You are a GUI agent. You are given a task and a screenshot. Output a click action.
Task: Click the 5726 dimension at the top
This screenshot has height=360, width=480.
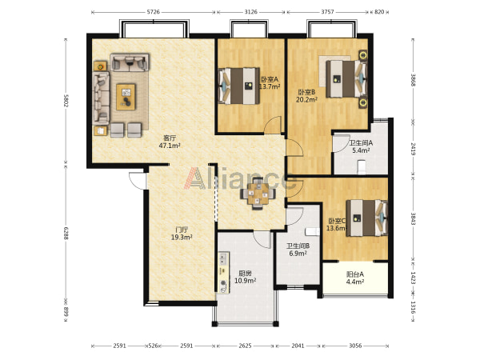[154, 12]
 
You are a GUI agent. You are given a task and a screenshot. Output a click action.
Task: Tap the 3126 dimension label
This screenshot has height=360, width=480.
[250, 12]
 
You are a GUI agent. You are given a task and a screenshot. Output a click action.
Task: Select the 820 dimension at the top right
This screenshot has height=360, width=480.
[379, 12]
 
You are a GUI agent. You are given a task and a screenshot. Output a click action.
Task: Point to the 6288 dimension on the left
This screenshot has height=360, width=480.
[66, 234]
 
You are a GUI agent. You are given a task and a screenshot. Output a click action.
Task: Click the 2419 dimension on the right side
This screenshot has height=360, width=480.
[413, 149]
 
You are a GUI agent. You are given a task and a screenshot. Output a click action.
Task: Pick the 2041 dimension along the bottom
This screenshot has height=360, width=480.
[298, 346]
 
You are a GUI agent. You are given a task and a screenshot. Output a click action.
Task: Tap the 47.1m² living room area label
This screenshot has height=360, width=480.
[170, 146]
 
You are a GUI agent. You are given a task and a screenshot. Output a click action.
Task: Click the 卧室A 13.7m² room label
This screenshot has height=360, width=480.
[270, 83]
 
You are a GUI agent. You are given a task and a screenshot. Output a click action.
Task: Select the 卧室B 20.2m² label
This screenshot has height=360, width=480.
[306, 96]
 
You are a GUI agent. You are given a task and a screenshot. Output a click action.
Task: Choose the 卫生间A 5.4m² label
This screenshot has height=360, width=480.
[361, 146]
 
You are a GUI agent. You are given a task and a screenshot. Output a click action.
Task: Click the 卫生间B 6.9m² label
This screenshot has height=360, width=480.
[298, 250]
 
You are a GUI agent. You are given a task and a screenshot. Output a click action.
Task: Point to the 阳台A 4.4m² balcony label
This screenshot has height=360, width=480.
[354, 278]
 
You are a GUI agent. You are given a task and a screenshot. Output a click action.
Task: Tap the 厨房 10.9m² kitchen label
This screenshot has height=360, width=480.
[246, 277]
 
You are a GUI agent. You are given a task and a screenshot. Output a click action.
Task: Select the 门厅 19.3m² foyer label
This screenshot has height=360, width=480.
[182, 234]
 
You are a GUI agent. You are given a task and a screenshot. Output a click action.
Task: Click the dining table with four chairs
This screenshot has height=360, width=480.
[258, 194]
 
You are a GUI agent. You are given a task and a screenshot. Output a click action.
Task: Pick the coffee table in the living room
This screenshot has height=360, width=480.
[126, 97]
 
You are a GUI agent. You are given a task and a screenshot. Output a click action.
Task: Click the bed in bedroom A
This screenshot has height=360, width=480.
[238, 86]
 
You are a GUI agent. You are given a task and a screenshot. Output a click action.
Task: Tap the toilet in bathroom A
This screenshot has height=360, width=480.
[362, 167]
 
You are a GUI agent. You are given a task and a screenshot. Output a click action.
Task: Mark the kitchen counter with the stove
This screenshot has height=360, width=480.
[223, 273]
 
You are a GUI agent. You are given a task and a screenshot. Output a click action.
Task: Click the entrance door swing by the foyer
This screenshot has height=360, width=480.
[137, 181]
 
